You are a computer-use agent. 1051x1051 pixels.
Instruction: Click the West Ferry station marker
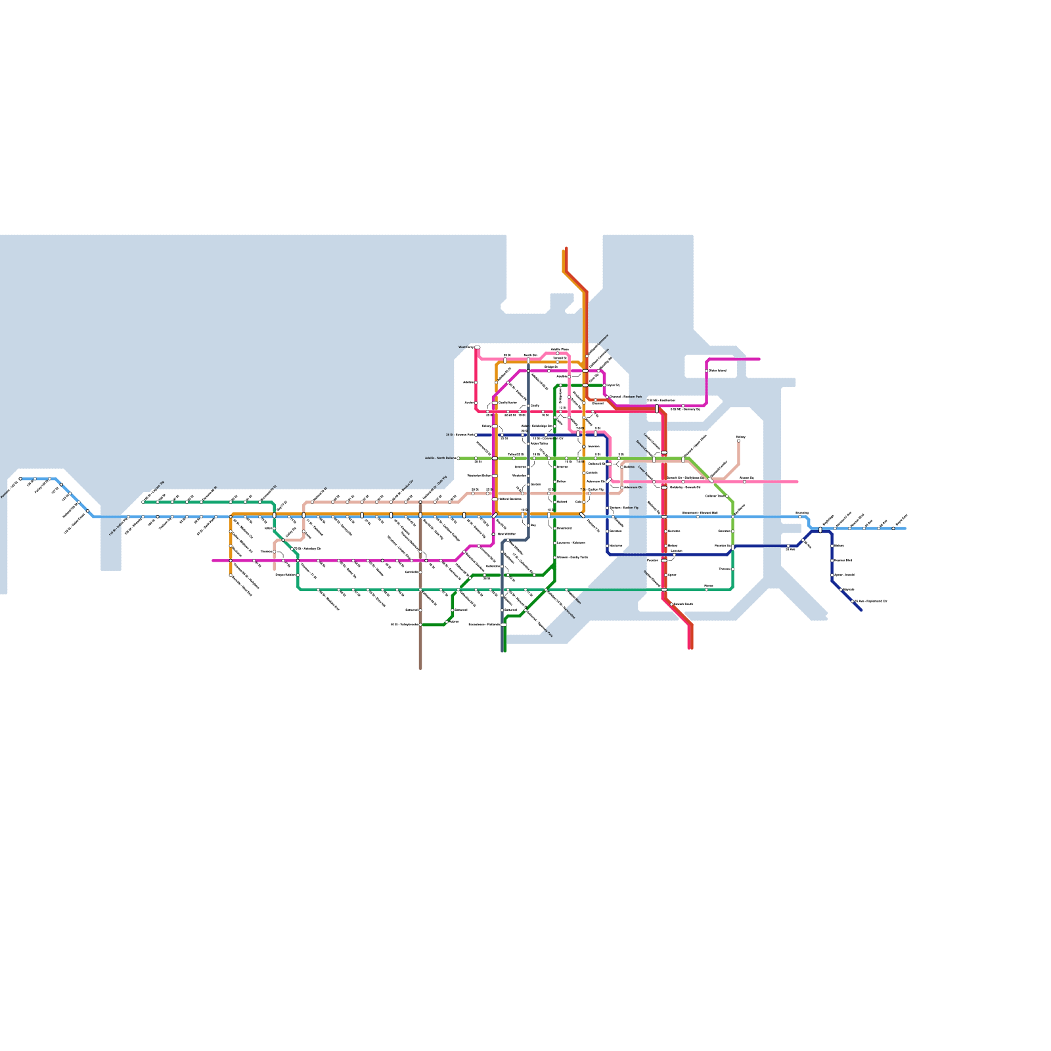[x=477, y=347]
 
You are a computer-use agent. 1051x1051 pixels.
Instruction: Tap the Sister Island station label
[x=717, y=370]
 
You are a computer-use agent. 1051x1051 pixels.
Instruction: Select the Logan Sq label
[x=612, y=386]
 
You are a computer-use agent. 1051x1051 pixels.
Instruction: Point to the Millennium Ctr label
[x=633, y=487]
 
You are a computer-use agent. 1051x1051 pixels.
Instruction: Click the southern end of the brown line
[x=420, y=667]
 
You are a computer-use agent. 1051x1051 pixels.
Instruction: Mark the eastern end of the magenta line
[x=759, y=359]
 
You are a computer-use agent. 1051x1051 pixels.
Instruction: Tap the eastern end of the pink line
[x=797, y=481]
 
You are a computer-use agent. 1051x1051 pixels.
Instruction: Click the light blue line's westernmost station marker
[x=20, y=479]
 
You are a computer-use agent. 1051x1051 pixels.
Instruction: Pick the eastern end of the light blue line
[x=905, y=528]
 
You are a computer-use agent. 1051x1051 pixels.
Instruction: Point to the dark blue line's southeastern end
[x=861, y=610]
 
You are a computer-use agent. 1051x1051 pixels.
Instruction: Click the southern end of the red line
[x=690, y=648]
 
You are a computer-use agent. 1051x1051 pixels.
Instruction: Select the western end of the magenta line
[x=213, y=560]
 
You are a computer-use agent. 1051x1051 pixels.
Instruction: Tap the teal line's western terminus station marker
[x=143, y=502]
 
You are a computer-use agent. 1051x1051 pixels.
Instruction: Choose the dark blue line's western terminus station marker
[x=476, y=435]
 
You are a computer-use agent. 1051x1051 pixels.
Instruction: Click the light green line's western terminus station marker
[x=458, y=458]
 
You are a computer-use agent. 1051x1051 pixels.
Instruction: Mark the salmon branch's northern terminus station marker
[x=738, y=441]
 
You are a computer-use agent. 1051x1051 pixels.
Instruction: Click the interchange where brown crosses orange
[x=420, y=515]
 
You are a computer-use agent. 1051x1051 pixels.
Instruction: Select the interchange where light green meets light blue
[x=732, y=517]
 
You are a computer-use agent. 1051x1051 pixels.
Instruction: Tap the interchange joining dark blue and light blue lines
[x=820, y=529]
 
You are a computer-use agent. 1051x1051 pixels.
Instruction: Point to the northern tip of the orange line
[x=564, y=251]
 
